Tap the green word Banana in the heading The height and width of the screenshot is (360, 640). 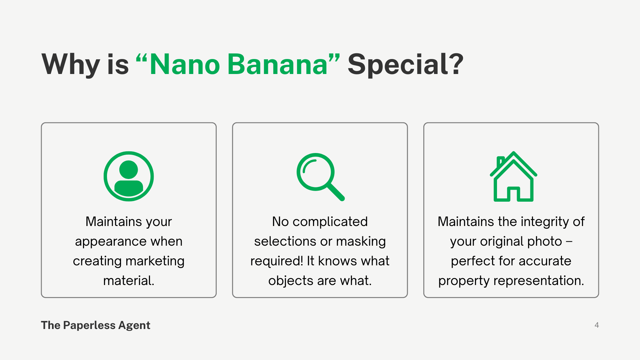(278, 64)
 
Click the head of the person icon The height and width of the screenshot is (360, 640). (129, 169)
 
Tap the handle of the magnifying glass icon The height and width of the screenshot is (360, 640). (336, 192)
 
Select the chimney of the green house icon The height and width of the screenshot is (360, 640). (500, 162)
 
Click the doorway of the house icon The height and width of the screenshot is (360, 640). (513, 194)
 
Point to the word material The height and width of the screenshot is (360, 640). (129, 281)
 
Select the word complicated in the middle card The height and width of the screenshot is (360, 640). (330, 222)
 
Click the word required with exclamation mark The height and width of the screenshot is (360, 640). (277, 261)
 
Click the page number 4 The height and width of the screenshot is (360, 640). (597, 325)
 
